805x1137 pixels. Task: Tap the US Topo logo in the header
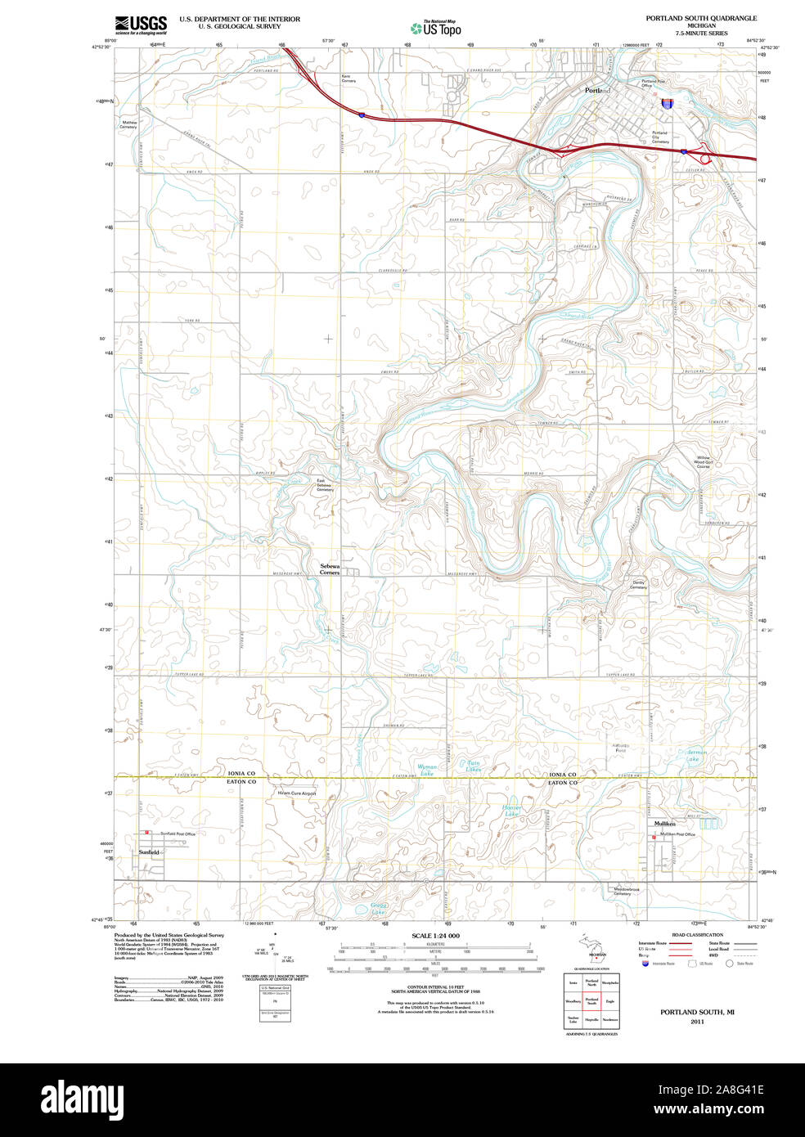click(436, 29)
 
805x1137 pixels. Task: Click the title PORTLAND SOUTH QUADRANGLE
click(701, 18)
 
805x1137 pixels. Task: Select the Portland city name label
click(597, 90)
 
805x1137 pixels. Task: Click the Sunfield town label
click(149, 852)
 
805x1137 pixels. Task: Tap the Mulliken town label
click(664, 824)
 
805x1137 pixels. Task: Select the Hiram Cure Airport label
click(297, 793)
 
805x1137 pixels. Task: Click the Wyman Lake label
click(427, 770)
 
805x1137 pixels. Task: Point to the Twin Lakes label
click(474, 766)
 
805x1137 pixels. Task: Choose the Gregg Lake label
click(379, 909)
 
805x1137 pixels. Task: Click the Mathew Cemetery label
click(128, 124)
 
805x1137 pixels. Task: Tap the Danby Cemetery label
click(638, 585)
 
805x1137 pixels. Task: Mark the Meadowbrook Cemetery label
click(623, 891)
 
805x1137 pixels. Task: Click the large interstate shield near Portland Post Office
click(668, 104)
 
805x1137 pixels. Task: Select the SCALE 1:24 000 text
click(435, 936)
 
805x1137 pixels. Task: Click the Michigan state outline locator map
click(597, 948)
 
